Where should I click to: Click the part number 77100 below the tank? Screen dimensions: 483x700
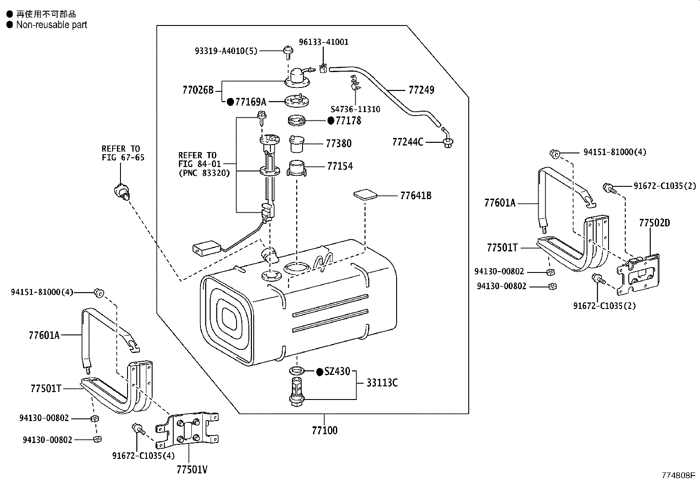324,430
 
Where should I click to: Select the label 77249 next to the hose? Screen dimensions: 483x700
421,90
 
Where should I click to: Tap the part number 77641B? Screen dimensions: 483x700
416,196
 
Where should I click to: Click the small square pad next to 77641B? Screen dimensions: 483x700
365,195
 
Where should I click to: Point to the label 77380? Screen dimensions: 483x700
339,144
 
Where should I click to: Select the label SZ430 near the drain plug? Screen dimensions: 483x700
337,372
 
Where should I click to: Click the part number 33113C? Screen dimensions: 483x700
382,383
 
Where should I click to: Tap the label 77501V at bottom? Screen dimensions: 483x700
192,470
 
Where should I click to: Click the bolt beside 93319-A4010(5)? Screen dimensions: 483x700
287,51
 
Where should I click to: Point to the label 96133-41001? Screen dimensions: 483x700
324,42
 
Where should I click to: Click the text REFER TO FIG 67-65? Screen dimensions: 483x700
123,153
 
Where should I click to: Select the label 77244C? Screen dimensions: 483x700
408,142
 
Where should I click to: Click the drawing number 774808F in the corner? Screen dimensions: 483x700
679,475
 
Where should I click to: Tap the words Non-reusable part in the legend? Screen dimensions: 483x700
51,25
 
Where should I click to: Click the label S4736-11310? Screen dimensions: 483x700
355,109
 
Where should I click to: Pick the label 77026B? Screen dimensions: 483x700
198,91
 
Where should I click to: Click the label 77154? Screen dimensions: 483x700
339,166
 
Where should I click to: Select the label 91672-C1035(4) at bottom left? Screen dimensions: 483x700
143,456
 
